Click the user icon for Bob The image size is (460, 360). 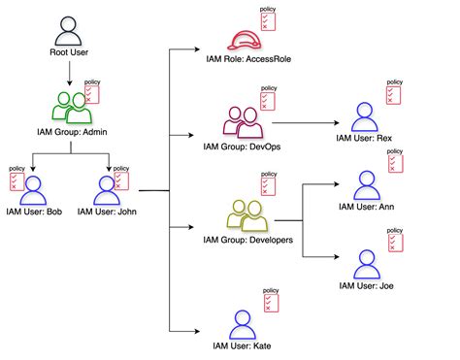tap(35, 187)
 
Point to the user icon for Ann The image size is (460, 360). tap(366, 184)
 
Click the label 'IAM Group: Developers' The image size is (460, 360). tap(247, 239)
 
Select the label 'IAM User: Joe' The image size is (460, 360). tap(366, 286)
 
